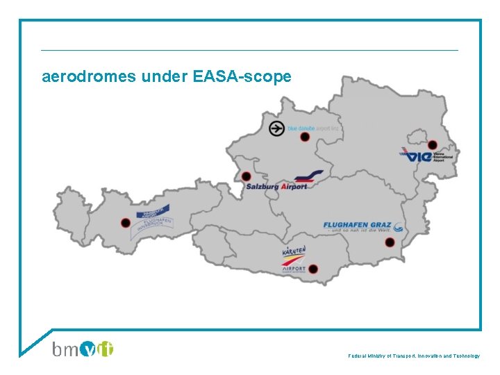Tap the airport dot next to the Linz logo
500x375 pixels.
click(304, 137)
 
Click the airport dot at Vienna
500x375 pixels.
click(433, 145)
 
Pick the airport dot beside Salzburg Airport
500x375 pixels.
click(246, 176)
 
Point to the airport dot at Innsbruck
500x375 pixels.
click(125, 223)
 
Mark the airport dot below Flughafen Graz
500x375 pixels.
click(390, 242)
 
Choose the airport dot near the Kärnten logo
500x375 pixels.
click(313, 269)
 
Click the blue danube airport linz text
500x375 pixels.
click(314, 128)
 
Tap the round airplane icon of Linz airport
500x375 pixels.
click(276, 128)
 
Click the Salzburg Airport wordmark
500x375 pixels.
click(276, 186)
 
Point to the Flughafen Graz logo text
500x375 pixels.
click(358, 226)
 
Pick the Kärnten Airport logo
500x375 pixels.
click(294, 260)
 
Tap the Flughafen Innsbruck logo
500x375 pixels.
click(153, 221)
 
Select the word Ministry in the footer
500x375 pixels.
click(378, 356)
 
